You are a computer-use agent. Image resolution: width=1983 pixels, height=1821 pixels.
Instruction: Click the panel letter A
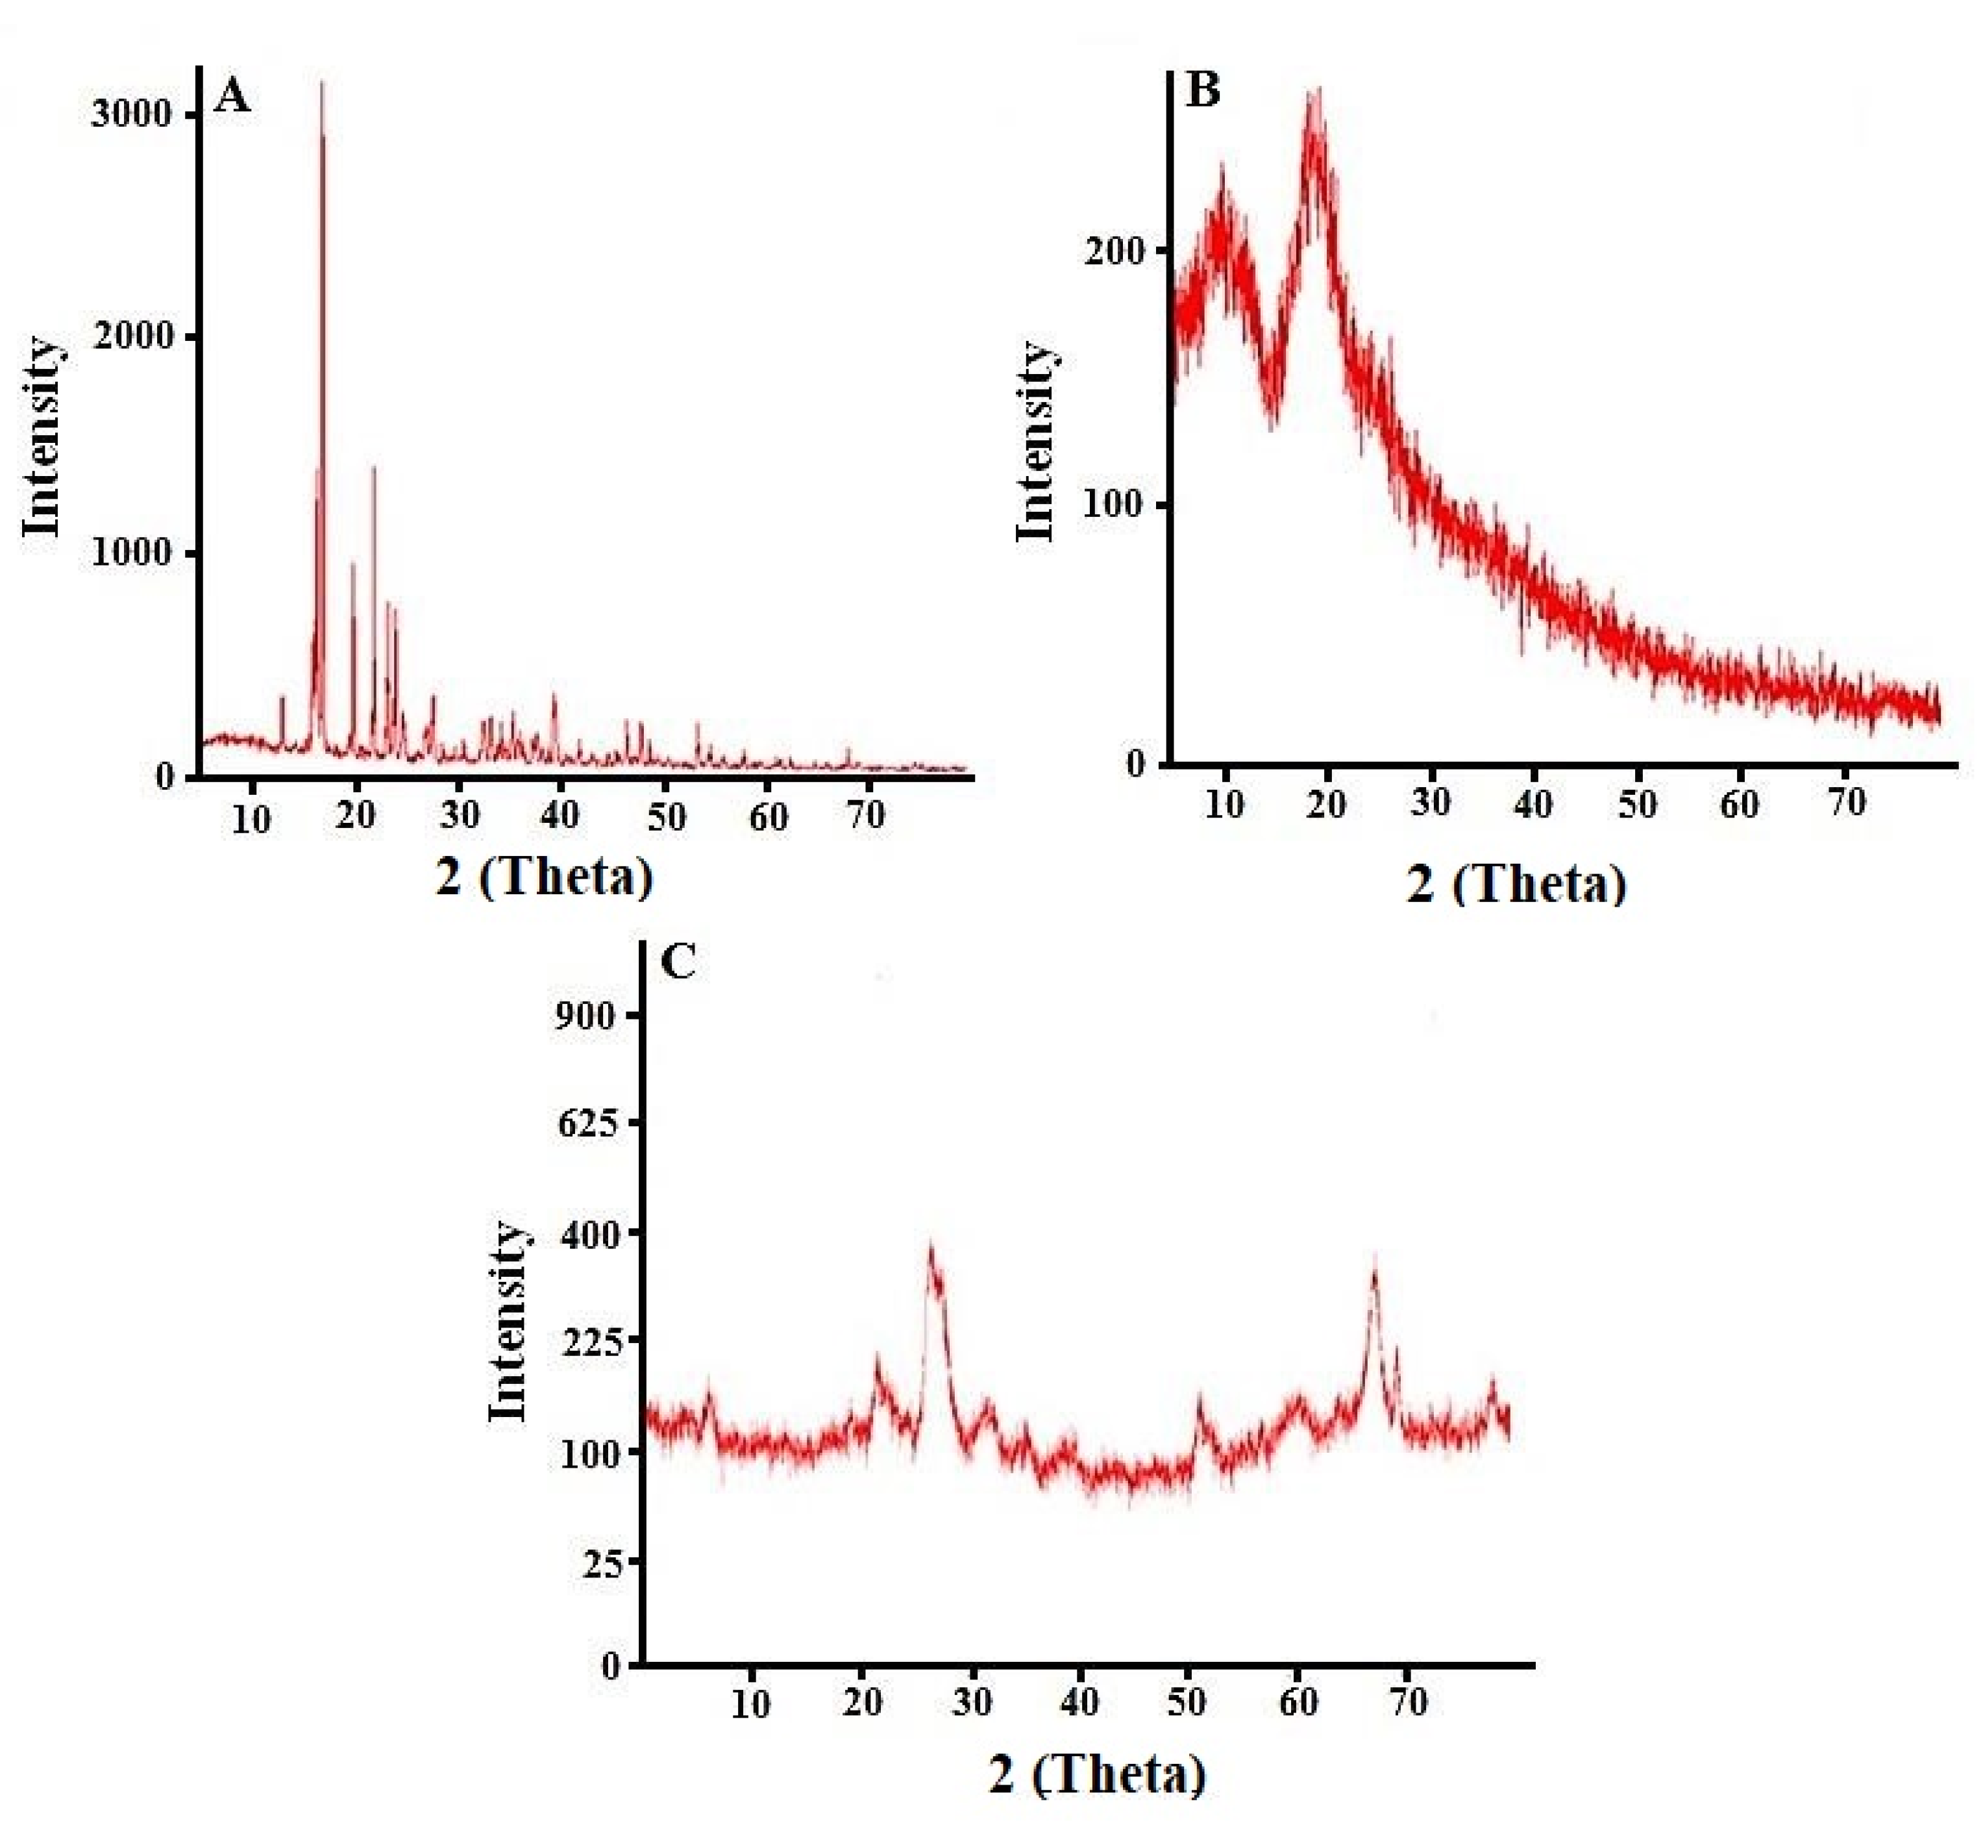point(232,97)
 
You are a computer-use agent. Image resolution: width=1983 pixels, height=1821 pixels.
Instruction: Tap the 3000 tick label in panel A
point(131,114)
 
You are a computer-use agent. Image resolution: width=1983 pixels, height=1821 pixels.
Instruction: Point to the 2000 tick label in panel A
point(131,335)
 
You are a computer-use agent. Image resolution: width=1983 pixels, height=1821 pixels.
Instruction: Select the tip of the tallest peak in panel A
point(321,82)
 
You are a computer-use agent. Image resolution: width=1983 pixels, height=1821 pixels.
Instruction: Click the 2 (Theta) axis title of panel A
point(544,875)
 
